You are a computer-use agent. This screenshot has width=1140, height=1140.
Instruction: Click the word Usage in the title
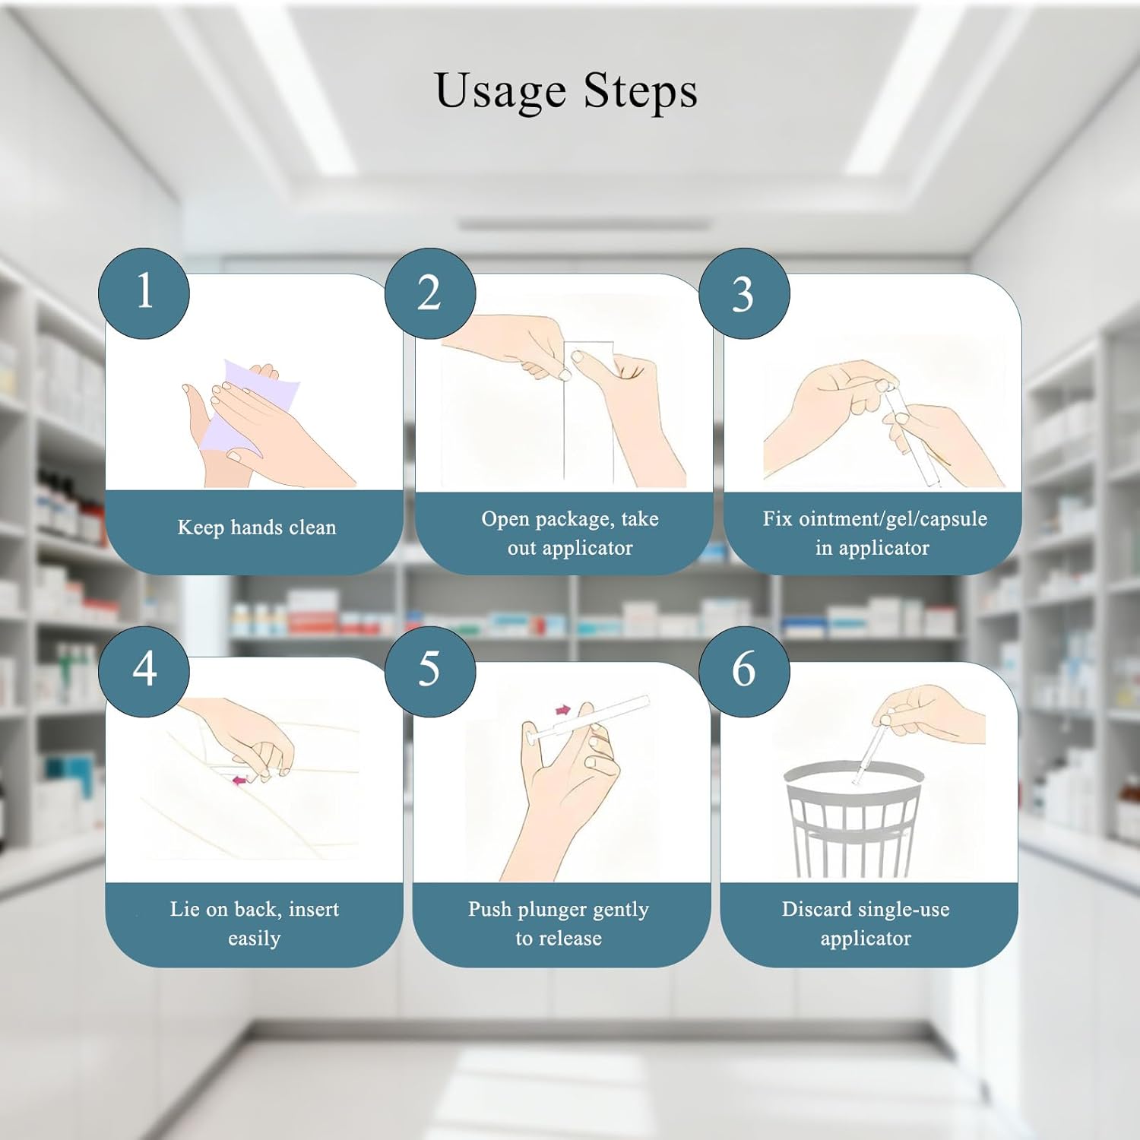point(500,92)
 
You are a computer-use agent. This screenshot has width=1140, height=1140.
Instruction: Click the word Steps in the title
point(640,90)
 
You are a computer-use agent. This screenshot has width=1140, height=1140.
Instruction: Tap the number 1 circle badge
point(144,293)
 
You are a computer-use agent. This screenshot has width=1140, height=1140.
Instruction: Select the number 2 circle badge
point(430,293)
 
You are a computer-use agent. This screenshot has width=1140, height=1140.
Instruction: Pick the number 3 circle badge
point(744,293)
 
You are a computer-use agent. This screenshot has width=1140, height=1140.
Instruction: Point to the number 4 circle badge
point(144,671)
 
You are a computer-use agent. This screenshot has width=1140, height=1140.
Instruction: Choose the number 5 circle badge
point(430,671)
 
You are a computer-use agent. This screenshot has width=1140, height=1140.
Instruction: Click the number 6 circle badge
point(744,671)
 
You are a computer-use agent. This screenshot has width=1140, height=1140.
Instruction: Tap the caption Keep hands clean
point(257,527)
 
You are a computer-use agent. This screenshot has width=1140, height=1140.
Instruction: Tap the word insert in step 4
point(314,909)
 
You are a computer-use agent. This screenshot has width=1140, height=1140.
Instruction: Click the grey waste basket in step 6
point(853,819)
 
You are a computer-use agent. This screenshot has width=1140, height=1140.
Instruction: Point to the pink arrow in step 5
point(563,710)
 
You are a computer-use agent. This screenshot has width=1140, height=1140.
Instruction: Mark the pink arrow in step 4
point(239,780)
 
